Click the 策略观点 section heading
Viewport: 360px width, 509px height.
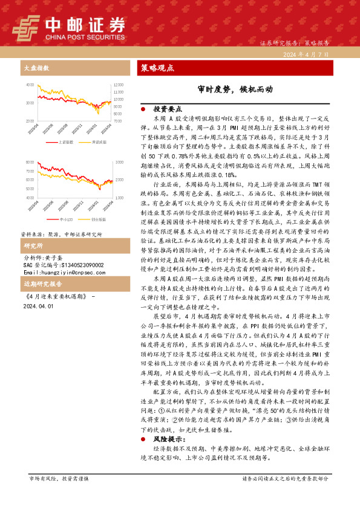tap(157, 68)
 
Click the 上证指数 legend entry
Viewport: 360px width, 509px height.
tap(64, 141)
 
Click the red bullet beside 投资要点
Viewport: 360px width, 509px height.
tap(143, 109)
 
